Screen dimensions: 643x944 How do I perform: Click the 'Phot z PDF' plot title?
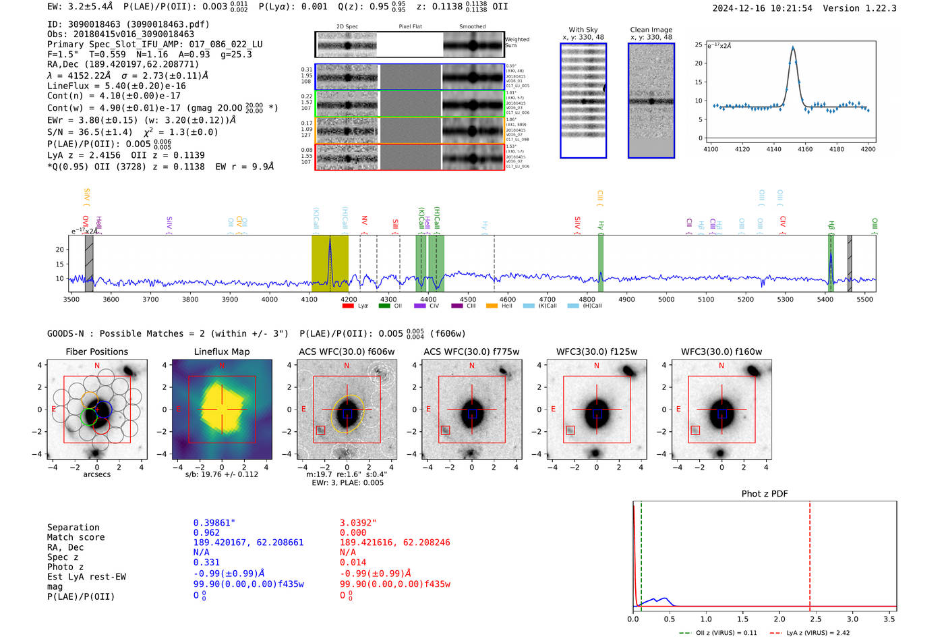(764, 494)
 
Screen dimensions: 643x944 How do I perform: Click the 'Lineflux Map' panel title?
(221, 352)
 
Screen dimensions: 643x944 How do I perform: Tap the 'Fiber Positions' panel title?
(96, 352)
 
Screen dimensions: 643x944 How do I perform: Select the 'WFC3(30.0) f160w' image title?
(721, 352)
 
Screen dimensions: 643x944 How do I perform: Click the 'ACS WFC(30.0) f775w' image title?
(471, 352)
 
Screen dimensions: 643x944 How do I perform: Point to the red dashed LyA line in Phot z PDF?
(809, 553)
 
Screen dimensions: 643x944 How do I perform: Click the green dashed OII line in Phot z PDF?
(641, 553)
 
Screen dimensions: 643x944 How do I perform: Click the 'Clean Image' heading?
(651, 30)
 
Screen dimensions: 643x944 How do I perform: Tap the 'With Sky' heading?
(583, 30)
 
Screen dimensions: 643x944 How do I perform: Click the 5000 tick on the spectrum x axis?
(666, 299)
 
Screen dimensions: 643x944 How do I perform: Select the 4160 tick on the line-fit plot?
(805, 149)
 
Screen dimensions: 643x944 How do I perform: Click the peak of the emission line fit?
(792, 48)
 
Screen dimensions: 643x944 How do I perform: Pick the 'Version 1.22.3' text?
(860, 8)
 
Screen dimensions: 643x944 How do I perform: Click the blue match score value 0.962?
(206, 532)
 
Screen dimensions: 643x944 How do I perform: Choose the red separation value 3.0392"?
(358, 522)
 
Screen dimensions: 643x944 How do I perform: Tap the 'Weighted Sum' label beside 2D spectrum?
(517, 43)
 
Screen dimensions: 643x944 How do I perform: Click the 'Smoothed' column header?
(472, 27)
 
